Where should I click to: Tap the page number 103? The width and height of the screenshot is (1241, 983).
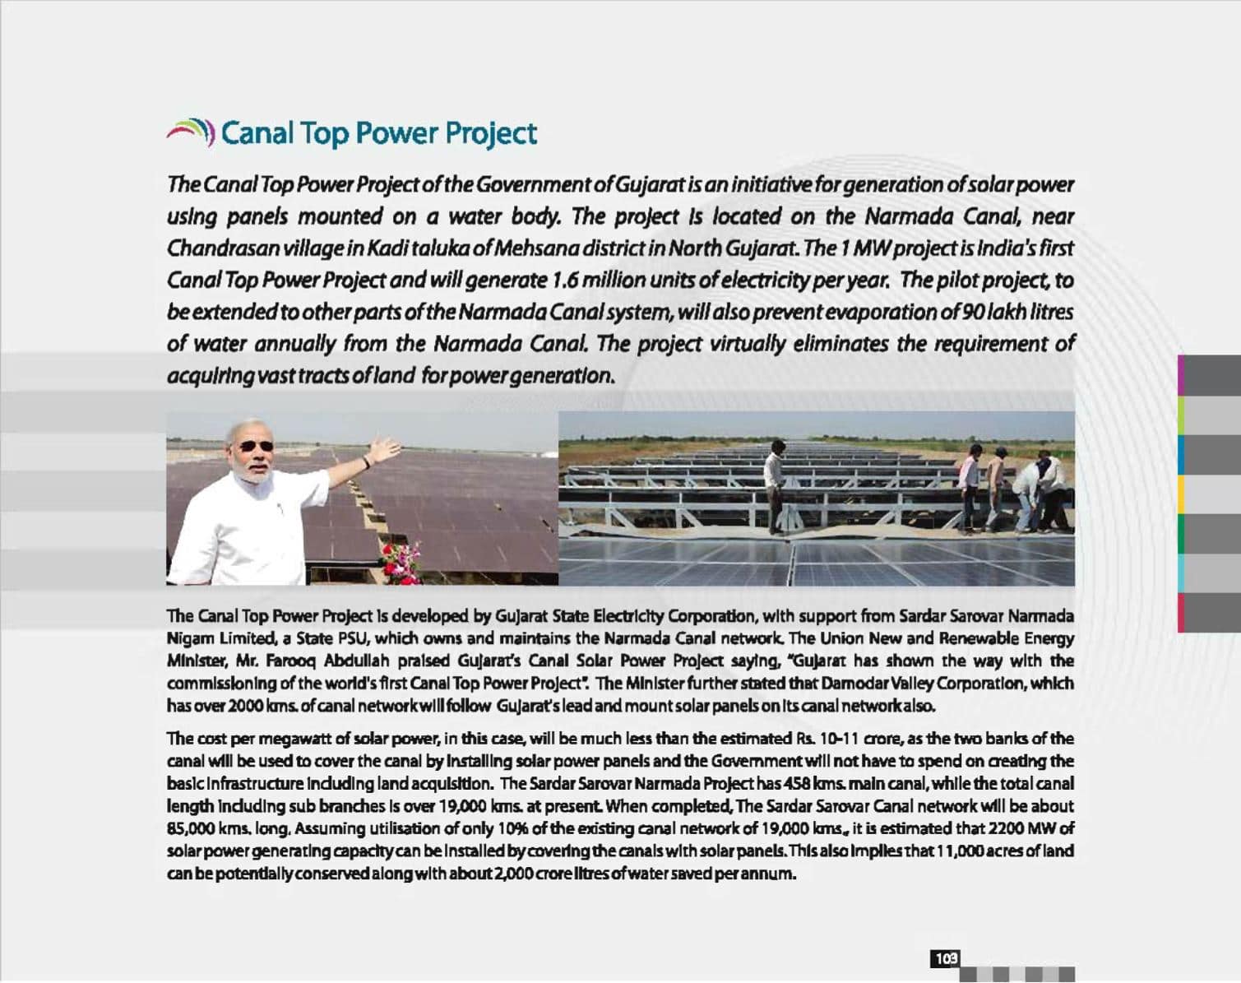(946, 958)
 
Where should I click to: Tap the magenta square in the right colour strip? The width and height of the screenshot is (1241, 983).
(1182, 375)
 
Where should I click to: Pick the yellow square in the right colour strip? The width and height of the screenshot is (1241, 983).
(1182, 494)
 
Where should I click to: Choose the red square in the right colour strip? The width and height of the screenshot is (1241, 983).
(1182, 613)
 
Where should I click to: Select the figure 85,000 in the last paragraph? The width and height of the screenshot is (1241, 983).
(187, 828)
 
